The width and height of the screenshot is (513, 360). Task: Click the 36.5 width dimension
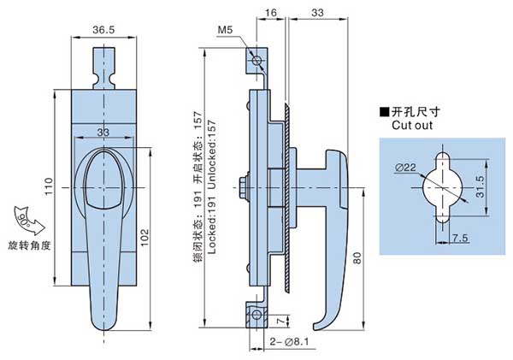click(103, 29)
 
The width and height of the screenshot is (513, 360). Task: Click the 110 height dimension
click(50, 185)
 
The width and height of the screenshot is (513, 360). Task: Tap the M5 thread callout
click(226, 31)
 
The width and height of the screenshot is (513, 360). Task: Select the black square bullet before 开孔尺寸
click(384, 112)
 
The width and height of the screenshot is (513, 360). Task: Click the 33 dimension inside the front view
click(103, 132)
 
